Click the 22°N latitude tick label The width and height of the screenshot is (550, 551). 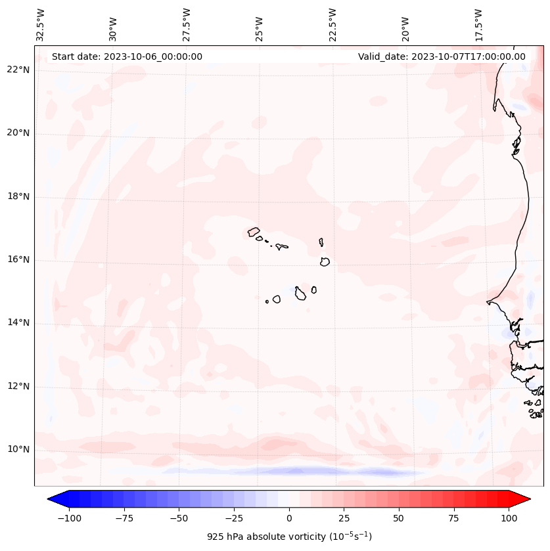18,70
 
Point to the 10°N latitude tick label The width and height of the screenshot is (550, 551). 18,450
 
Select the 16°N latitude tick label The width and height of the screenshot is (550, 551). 18,260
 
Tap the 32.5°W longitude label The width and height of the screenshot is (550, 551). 41,25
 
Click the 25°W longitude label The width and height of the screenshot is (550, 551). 260,27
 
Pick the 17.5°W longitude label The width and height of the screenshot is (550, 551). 479,25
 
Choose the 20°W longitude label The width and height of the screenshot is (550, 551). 405,27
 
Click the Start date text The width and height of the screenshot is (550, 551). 127,56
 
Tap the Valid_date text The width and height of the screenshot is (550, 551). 442,56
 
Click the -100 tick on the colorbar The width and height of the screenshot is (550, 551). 69,518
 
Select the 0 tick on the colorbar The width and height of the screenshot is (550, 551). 289,518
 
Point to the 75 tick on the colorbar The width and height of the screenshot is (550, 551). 454,518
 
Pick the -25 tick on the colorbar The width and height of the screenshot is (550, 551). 234,518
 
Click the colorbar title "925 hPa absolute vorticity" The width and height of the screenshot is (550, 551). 289,537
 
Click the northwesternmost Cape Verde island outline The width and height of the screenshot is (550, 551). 254,231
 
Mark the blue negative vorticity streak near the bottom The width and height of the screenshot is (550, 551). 296,471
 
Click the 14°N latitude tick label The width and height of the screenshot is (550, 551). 18,323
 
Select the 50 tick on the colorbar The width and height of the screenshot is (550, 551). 399,518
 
